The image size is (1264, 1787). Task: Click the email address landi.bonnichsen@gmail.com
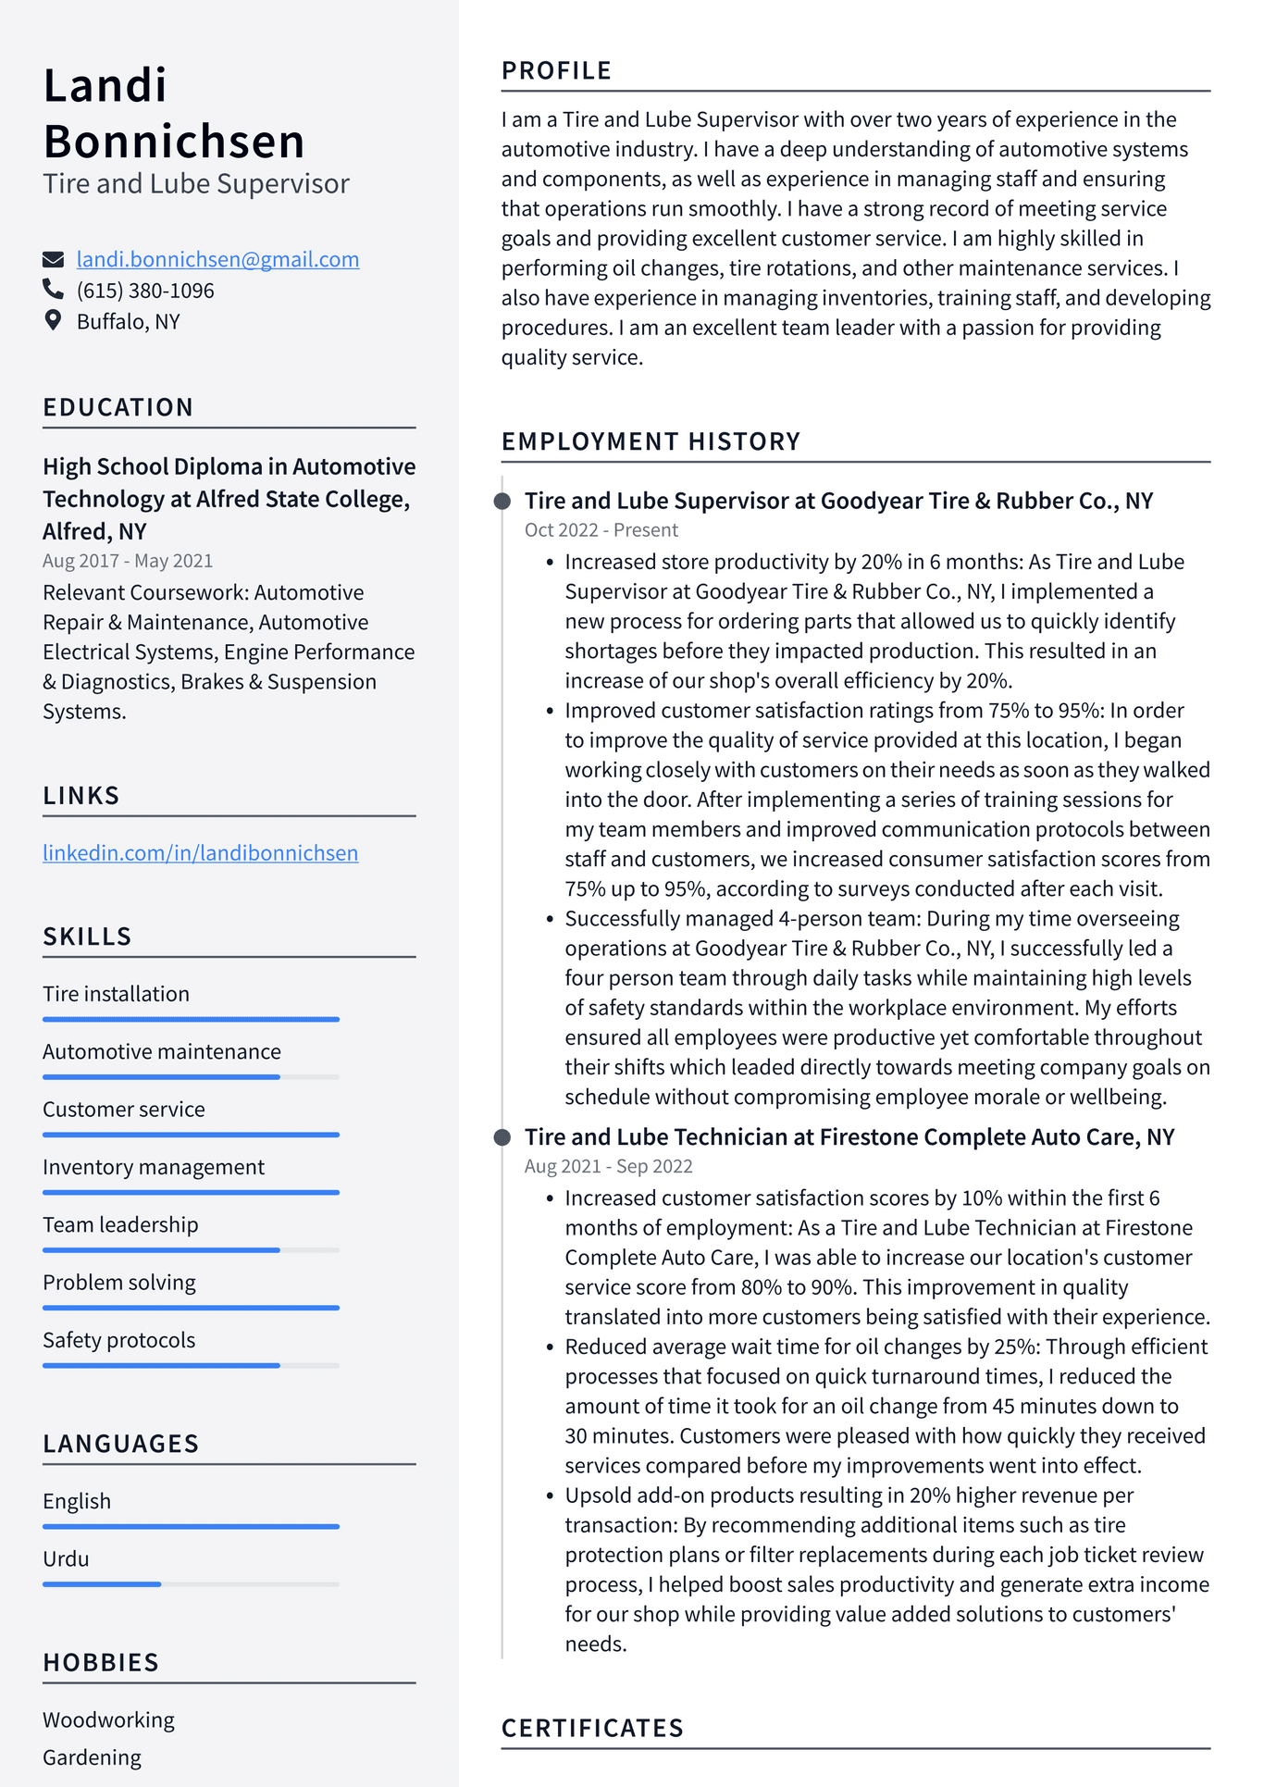coord(217,260)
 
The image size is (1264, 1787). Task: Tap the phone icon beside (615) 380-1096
coord(53,290)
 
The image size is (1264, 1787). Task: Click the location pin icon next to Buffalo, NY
coord(53,320)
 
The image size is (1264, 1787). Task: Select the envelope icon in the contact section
coord(53,259)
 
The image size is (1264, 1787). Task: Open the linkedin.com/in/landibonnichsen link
coord(200,853)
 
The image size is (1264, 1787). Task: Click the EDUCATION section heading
coord(118,407)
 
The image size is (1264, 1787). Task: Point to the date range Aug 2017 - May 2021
coord(128,561)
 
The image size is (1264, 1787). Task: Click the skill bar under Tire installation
coord(191,1019)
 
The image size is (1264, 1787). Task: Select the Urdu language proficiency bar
coord(191,1584)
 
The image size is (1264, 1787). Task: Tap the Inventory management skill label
coord(154,1168)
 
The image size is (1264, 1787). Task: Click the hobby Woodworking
coord(108,1720)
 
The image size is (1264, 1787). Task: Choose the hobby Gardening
coord(92,1757)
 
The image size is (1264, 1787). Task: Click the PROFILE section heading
coord(556,71)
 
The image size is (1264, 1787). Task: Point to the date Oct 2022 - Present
coord(601,530)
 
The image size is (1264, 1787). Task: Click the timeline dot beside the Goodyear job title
coord(502,502)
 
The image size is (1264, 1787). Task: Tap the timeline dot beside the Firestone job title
coord(502,1137)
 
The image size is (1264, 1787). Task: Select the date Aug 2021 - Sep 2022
coord(608,1167)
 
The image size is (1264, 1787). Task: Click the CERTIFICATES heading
coord(592,1729)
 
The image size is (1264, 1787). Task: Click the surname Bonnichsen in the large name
coord(174,143)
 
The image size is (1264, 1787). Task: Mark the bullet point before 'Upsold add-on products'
coord(550,1496)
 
